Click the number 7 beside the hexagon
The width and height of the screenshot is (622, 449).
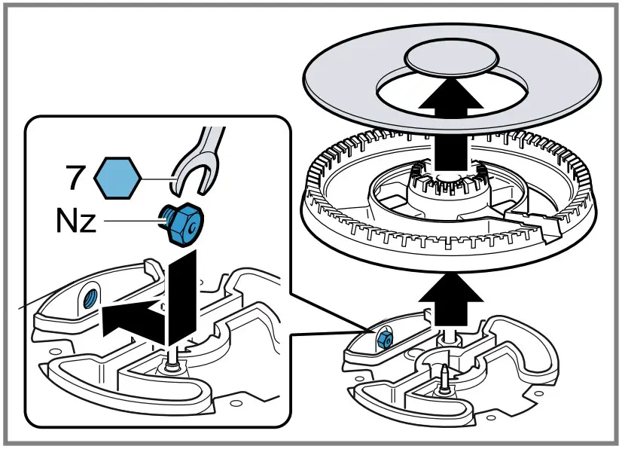pos(75,178)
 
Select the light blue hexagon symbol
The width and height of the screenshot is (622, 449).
pos(117,178)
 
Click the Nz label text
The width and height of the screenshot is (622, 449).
pos(76,220)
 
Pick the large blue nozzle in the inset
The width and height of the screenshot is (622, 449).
pos(181,224)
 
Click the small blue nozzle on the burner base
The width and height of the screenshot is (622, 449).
pos(385,340)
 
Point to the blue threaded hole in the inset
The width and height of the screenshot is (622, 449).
pos(90,298)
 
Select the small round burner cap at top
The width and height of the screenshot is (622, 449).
pos(451,58)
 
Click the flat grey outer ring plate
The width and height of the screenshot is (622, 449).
pos(452,78)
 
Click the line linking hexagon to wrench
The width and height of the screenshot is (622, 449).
pos(157,179)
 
